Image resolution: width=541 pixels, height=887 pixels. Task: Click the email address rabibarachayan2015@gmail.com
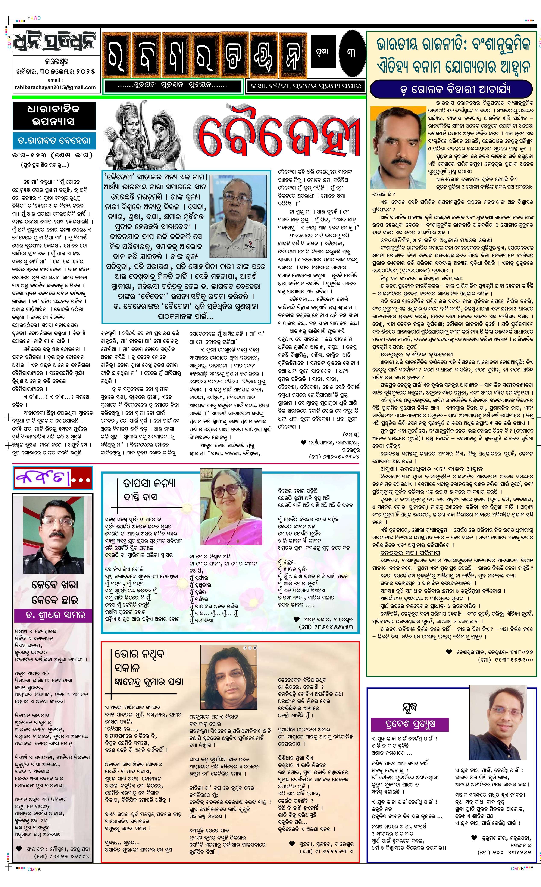(x=55, y=87)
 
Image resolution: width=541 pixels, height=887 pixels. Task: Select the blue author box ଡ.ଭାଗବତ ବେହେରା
(x=54, y=141)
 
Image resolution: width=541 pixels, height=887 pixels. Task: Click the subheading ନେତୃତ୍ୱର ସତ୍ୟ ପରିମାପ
(x=410, y=553)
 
